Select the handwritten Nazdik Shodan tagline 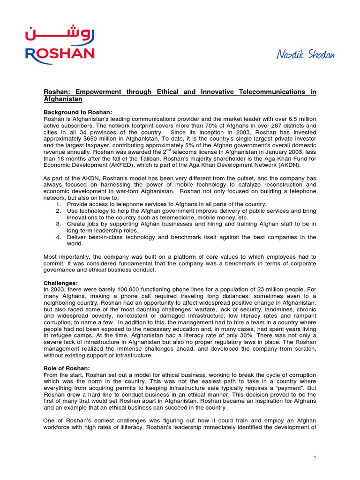[x=305, y=55]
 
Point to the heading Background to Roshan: [x=78, y=112]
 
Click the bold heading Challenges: [x=60, y=283]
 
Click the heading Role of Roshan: [x=66, y=369]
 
